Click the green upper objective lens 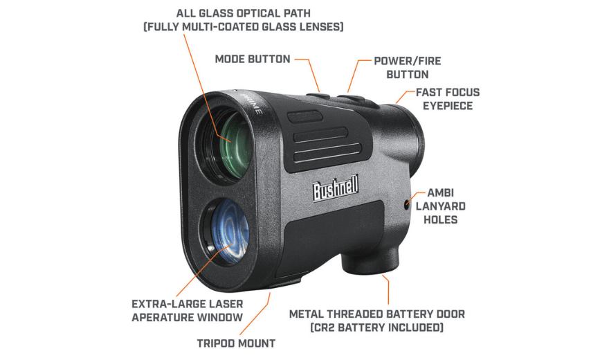[234, 145]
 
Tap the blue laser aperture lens [230, 231]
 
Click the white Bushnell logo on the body [335, 188]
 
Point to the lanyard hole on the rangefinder [407, 204]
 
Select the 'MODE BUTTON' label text [253, 59]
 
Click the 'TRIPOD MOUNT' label [236, 343]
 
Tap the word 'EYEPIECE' [448, 106]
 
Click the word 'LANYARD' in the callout [441, 206]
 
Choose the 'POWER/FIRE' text [408, 61]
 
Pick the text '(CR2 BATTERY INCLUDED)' [376, 327]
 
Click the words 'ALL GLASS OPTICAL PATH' [244, 13]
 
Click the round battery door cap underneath [370, 260]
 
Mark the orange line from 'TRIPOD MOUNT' [255, 314]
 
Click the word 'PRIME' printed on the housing [253, 103]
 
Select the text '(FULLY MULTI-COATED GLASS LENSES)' [244, 27]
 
